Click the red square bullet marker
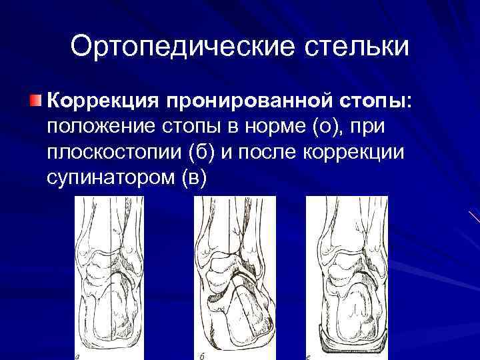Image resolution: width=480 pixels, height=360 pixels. (35, 101)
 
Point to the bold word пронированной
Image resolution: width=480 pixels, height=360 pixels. (243, 101)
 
